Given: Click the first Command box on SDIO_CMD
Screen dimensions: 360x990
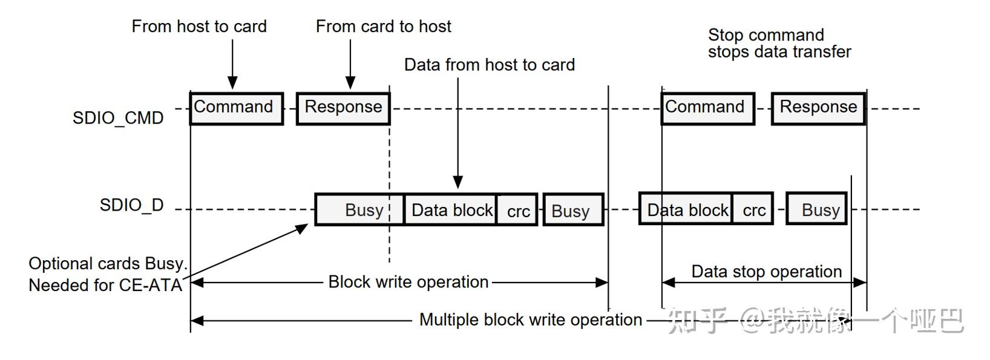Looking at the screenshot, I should (x=236, y=109).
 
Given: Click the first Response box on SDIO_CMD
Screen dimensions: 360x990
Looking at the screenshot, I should (x=343, y=109).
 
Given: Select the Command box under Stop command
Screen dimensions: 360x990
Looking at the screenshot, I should (x=707, y=109).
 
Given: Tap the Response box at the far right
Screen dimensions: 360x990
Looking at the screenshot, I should (x=818, y=109).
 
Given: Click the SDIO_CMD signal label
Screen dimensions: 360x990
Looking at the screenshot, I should (x=118, y=117).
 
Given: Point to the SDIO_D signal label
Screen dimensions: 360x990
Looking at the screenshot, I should (x=131, y=205).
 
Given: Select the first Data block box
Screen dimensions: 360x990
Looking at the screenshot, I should (x=451, y=210).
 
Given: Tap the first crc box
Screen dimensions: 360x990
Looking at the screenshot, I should (x=517, y=211).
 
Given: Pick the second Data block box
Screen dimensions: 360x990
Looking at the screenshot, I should (x=686, y=210).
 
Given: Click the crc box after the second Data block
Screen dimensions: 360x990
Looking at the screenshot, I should (x=753, y=210).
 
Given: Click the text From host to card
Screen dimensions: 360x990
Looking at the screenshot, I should (x=199, y=27).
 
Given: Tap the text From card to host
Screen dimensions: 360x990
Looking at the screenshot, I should (x=384, y=27).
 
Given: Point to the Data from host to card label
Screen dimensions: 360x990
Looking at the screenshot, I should (x=490, y=65).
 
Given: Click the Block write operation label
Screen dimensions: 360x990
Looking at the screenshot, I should (x=408, y=282).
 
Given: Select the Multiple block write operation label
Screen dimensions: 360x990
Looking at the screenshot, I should (x=531, y=319).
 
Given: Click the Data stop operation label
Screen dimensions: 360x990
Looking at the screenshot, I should (x=766, y=271).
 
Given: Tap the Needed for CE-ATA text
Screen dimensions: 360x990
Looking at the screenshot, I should (x=105, y=285).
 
